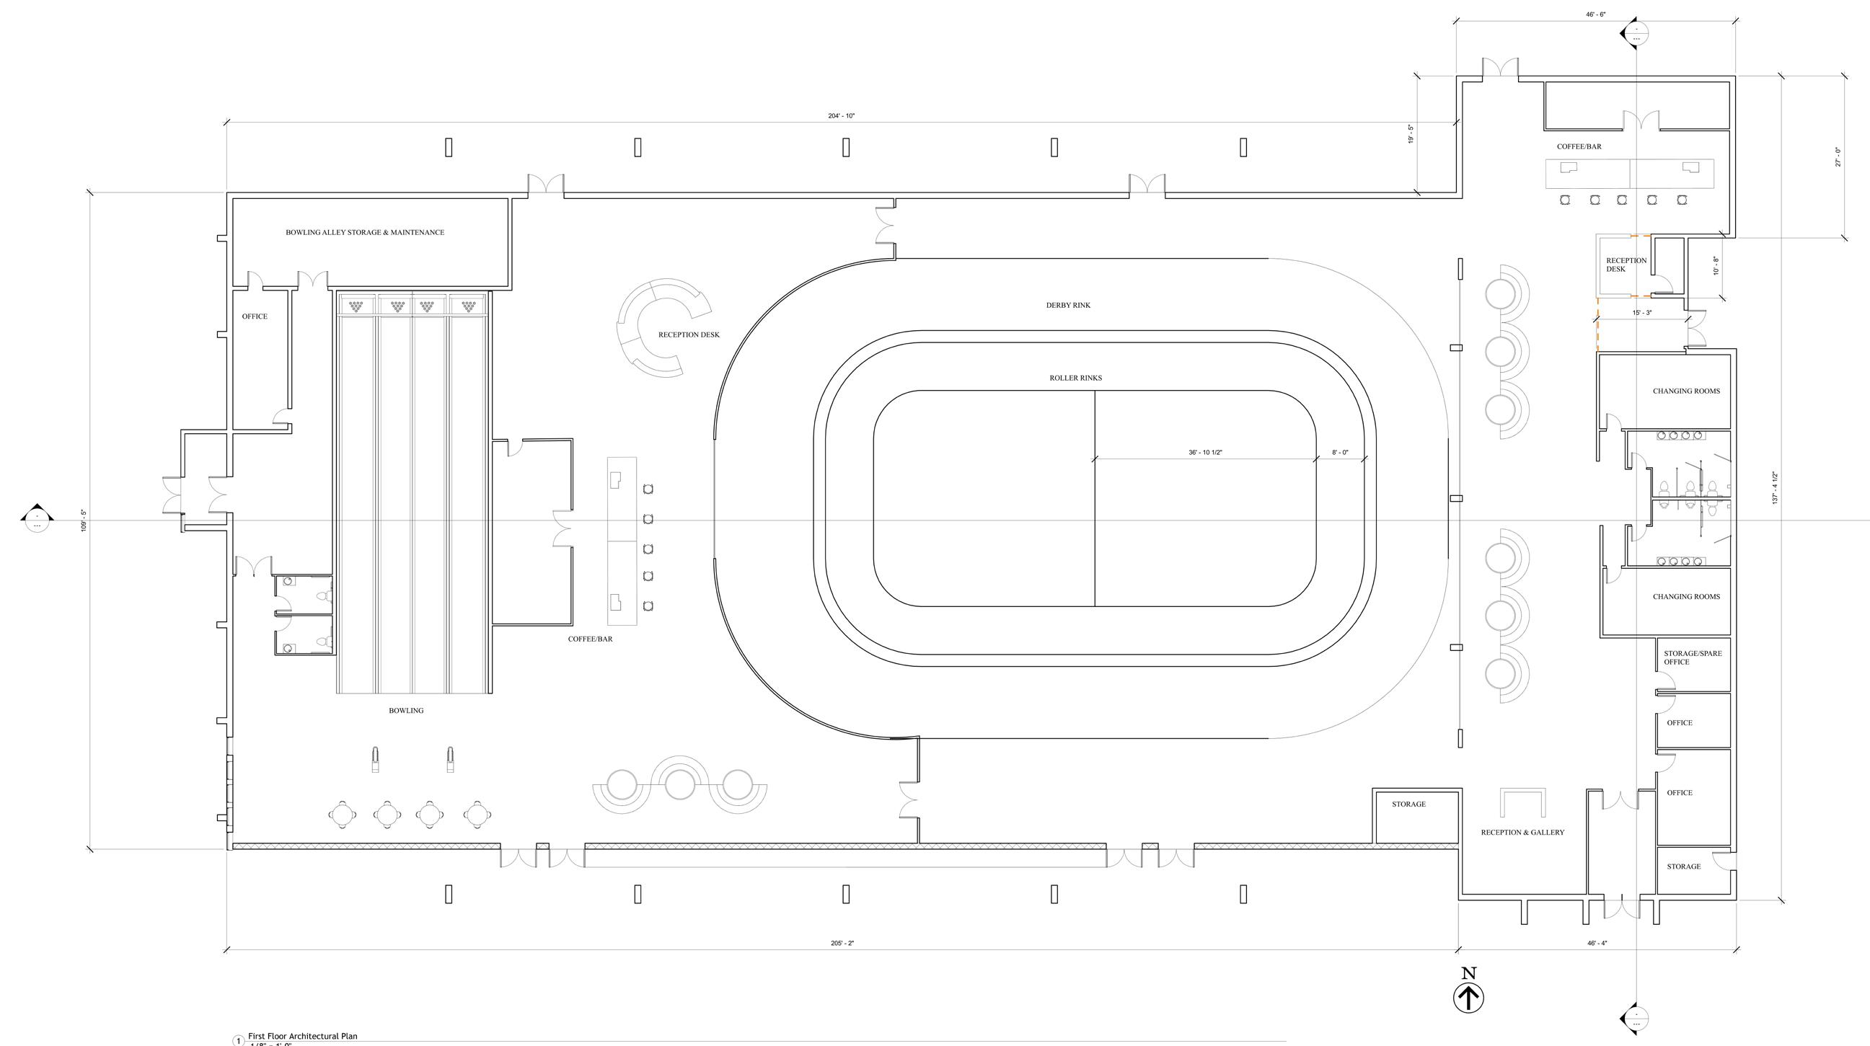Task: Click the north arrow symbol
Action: coord(1468,998)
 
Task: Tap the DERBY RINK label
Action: coord(1068,306)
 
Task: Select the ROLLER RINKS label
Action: coord(1075,378)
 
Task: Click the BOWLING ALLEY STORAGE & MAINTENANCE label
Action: coord(364,233)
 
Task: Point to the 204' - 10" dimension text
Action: coord(842,116)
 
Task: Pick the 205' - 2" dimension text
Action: coord(842,944)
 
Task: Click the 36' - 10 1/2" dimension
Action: coord(1205,453)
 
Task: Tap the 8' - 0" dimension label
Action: coord(1340,453)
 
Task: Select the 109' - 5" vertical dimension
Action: coord(84,520)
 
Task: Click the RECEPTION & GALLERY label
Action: coord(1522,833)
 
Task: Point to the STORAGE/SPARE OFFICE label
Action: coord(1692,657)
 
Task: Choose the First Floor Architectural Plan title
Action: coord(303,1037)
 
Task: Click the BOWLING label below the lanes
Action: coord(406,711)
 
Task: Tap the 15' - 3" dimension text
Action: coord(1642,313)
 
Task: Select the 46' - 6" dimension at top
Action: coord(1596,14)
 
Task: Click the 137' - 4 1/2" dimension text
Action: coord(1775,488)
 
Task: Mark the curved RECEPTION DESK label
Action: coord(688,335)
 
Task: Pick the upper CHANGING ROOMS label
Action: coord(1685,391)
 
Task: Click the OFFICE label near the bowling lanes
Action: coord(254,316)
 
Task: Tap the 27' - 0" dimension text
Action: coord(1838,156)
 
